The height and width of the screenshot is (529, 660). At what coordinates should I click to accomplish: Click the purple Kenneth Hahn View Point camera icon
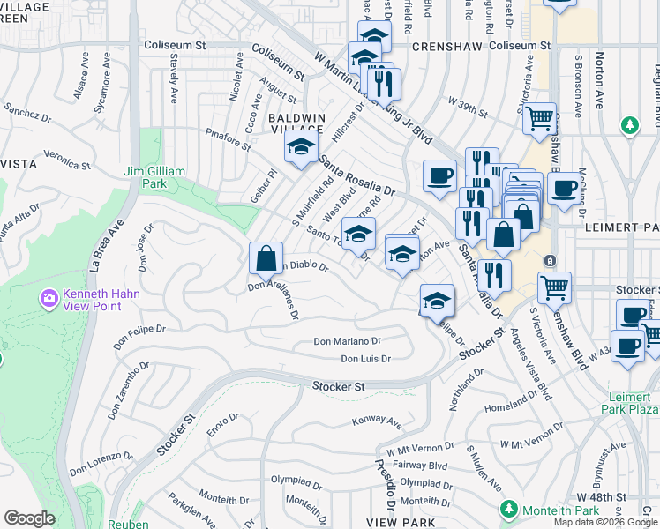pyautogui.click(x=49, y=299)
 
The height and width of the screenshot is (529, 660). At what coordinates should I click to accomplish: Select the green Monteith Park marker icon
pyautogui.click(x=507, y=509)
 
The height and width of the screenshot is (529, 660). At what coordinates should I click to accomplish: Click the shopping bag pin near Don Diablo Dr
pyautogui.click(x=266, y=259)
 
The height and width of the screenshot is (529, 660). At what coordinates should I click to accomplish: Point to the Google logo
pyautogui.click(x=29, y=518)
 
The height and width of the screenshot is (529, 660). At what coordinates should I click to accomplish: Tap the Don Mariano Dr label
pyautogui.click(x=347, y=341)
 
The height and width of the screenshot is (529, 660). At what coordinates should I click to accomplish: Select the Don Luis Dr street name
pyautogui.click(x=365, y=359)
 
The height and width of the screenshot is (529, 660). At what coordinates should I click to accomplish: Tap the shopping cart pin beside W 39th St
pyautogui.click(x=539, y=118)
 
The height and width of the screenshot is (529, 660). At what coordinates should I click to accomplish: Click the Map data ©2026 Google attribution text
pyautogui.click(x=605, y=522)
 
